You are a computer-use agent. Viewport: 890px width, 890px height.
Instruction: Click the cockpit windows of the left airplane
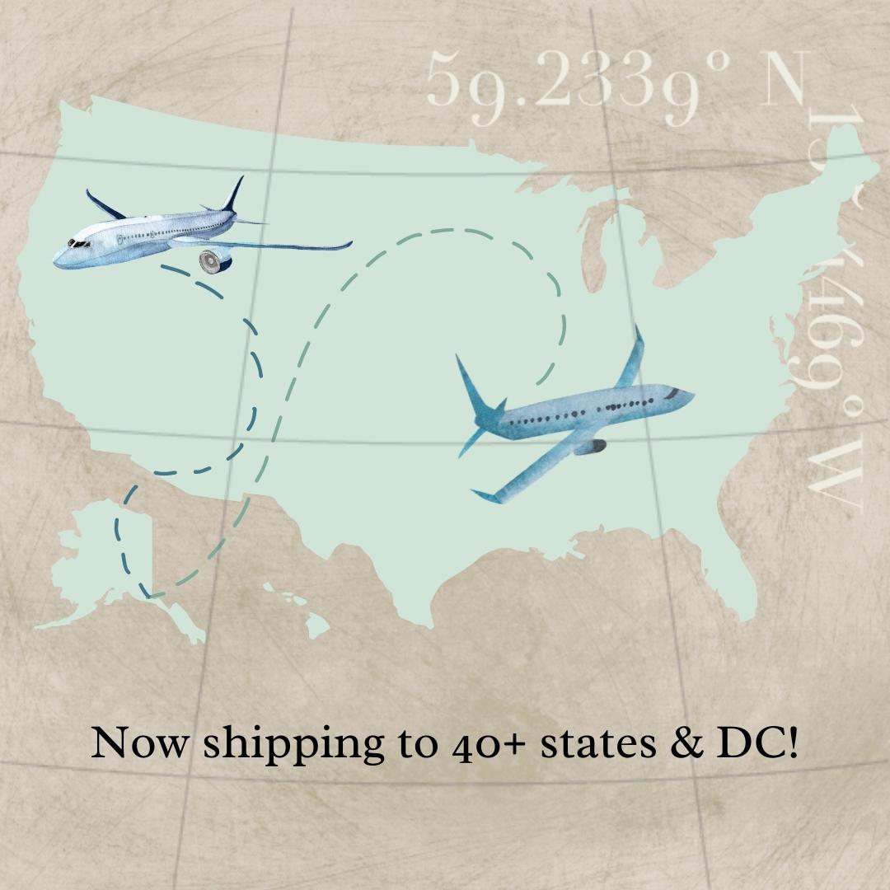pyautogui.click(x=79, y=244)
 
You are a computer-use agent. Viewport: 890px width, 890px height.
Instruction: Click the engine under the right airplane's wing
pyautogui.click(x=591, y=447)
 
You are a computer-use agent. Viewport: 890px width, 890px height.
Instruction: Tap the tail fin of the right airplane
pyautogui.click(x=476, y=387)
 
